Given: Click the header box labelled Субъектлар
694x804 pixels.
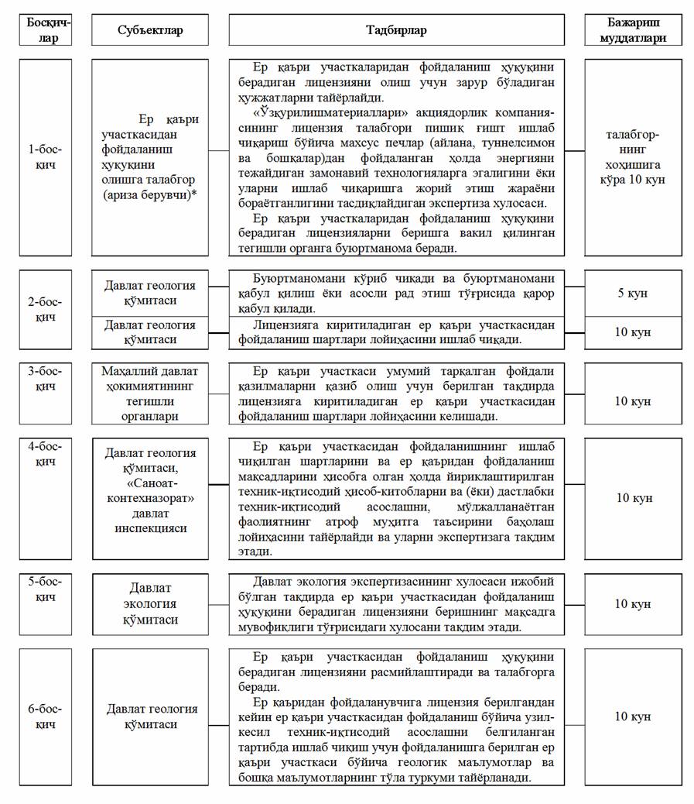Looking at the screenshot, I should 150,30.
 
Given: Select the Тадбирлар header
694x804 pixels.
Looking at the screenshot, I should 396,30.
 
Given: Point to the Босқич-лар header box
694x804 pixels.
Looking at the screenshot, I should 46,30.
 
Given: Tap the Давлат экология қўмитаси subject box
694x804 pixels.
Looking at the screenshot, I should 150,604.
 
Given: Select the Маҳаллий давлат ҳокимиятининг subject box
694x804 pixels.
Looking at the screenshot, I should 150,394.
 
